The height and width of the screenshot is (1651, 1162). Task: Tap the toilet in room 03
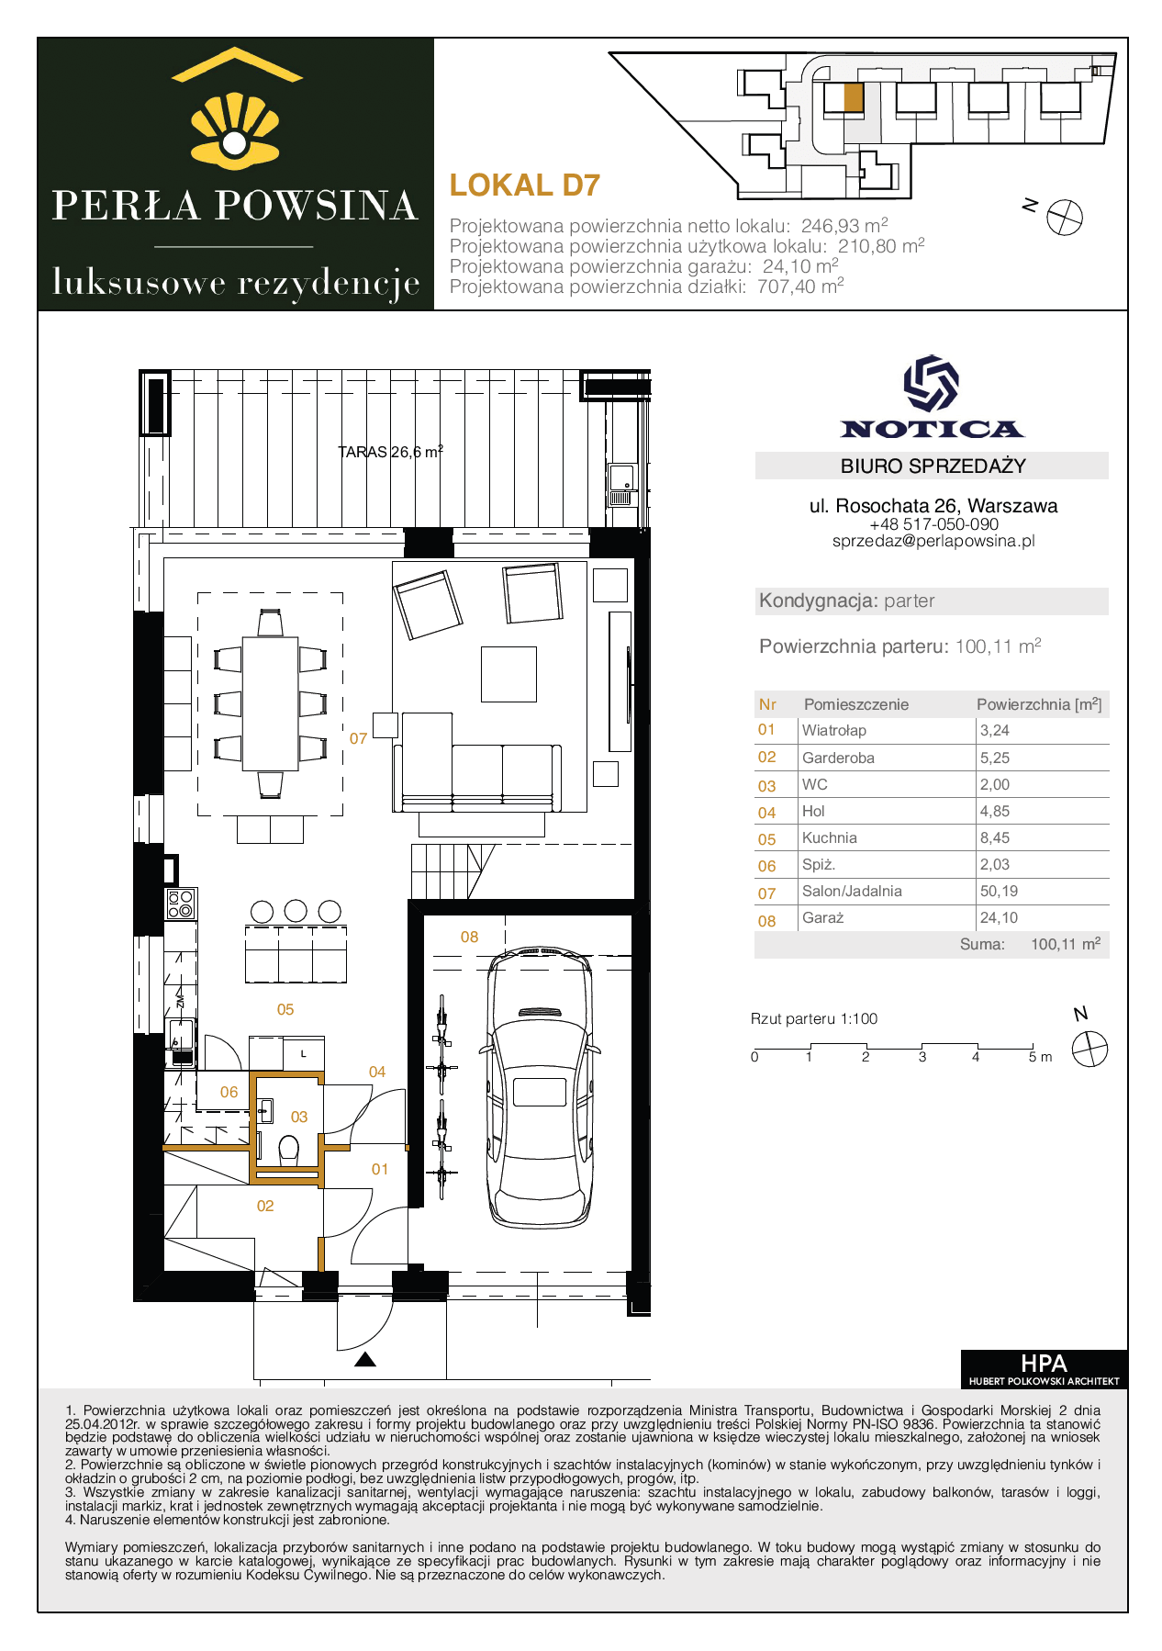click(x=288, y=1149)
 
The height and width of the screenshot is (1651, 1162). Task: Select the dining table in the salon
click(x=271, y=703)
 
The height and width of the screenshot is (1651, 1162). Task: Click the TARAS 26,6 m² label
click(x=391, y=451)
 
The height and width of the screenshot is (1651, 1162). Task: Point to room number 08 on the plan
click(x=469, y=937)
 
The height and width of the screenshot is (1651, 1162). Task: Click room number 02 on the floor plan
click(x=265, y=1206)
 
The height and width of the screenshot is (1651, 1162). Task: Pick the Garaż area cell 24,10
click(x=999, y=917)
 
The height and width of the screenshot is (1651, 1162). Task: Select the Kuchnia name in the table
click(x=830, y=837)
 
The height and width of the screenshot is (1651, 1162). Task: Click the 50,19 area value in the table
click(x=999, y=891)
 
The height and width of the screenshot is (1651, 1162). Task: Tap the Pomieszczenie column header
click(x=856, y=704)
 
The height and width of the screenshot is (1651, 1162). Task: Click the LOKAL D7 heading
click(x=525, y=185)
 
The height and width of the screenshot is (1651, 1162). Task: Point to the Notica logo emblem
click(x=932, y=383)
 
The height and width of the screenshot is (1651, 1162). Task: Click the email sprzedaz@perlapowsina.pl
click(x=933, y=541)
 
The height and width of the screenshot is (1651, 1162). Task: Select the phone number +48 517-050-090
click(x=933, y=524)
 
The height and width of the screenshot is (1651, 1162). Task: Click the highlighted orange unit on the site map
click(x=853, y=97)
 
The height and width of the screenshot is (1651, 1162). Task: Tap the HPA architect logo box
click(x=1044, y=1368)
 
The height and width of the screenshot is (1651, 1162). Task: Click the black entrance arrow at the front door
click(x=365, y=1360)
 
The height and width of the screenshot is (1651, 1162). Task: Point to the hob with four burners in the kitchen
click(x=181, y=904)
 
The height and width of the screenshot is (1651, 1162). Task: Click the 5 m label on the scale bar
click(x=1040, y=1057)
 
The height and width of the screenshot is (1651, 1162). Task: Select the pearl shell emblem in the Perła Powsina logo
click(x=235, y=130)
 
